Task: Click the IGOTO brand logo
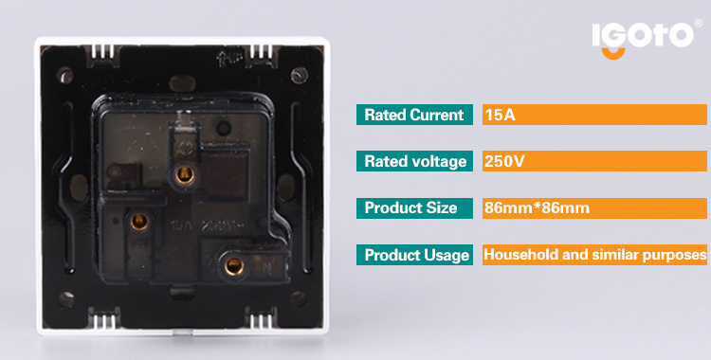pyautogui.click(x=643, y=38)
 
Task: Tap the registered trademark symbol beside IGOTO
pyautogui.click(x=699, y=23)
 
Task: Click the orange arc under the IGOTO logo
pyautogui.click(x=613, y=53)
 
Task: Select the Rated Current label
pyautogui.click(x=414, y=116)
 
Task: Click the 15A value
pyautogui.click(x=500, y=116)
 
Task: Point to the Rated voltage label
pyautogui.click(x=415, y=161)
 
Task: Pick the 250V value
pyautogui.click(x=504, y=161)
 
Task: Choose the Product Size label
pyautogui.click(x=410, y=208)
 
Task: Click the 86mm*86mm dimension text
pyautogui.click(x=537, y=208)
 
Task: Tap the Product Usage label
pyautogui.click(x=417, y=255)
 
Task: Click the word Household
pyautogui.click(x=521, y=254)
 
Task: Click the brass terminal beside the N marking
pyautogui.click(x=233, y=265)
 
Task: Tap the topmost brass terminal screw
pyautogui.click(x=185, y=173)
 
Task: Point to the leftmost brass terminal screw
pyautogui.click(x=139, y=221)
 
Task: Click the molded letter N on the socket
pyautogui.click(x=266, y=267)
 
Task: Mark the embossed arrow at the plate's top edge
pyautogui.click(x=223, y=58)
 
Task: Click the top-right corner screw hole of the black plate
pyautogui.click(x=300, y=75)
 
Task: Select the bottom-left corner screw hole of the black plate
pyautogui.click(x=65, y=298)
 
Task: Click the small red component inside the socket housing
pyautogui.click(x=116, y=171)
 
